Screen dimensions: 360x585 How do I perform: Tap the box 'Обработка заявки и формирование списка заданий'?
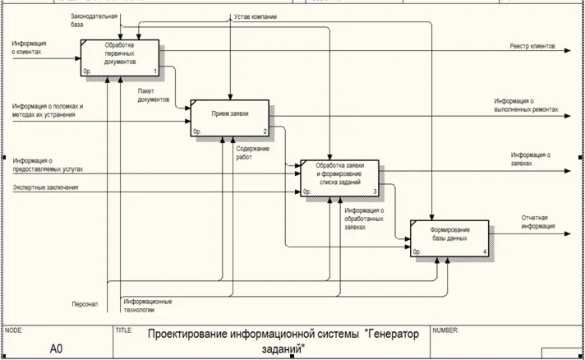pos(340,178)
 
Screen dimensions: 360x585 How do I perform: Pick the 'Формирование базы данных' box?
pos(449,238)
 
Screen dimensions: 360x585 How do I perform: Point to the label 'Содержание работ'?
pos(252,152)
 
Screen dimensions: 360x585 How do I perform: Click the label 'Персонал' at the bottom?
pos(84,304)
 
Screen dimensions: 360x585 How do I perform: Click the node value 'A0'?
pos(56,348)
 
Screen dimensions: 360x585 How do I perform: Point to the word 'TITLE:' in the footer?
pos(124,330)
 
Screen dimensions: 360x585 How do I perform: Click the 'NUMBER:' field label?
pos(445,330)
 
